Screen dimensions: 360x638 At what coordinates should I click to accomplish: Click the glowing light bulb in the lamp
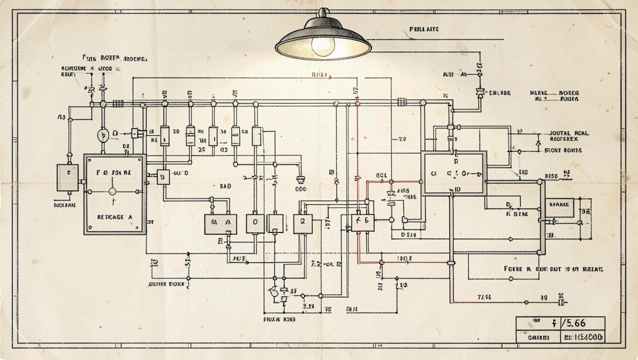[323, 45]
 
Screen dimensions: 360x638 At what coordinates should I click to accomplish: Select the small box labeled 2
[303, 224]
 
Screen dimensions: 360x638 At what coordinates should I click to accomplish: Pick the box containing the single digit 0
[255, 224]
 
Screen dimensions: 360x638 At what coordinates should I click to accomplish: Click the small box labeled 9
[163, 177]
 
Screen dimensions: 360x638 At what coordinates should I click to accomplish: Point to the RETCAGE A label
[114, 217]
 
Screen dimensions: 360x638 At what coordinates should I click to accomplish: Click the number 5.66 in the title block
[576, 323]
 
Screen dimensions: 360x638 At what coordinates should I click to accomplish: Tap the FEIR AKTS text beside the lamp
[424, 29]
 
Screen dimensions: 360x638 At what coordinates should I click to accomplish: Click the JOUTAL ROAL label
[569, 133]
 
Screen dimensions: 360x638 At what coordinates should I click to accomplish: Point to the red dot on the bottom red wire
[526, 302]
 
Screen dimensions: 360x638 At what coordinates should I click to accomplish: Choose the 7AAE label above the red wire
[484, 297]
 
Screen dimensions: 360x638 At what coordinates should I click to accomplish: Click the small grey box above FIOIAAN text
[68, 177]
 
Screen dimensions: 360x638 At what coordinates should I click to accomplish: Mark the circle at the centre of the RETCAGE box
[112, 191]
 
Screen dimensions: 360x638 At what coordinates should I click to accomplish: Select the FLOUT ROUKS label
[563, 150]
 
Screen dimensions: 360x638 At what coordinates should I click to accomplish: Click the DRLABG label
[500, 93]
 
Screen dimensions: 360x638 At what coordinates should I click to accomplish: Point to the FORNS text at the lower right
[513, 269]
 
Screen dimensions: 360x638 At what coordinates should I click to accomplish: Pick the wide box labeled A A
[220, 224]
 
